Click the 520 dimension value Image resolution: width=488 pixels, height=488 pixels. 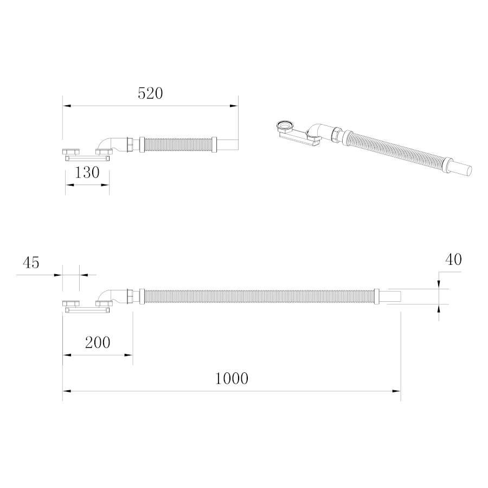150,93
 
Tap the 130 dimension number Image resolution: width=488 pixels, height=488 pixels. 87,172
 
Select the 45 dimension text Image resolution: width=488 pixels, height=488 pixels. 31,262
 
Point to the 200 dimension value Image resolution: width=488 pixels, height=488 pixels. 98,343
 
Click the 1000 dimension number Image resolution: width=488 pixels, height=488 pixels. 232,378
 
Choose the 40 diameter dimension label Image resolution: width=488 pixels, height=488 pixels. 453,259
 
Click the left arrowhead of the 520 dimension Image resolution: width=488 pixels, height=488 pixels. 67,106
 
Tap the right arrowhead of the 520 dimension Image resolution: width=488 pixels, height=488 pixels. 234,106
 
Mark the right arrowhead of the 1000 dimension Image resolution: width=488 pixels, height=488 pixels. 396,391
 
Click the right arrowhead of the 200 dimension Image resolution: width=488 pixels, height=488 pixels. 129,355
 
